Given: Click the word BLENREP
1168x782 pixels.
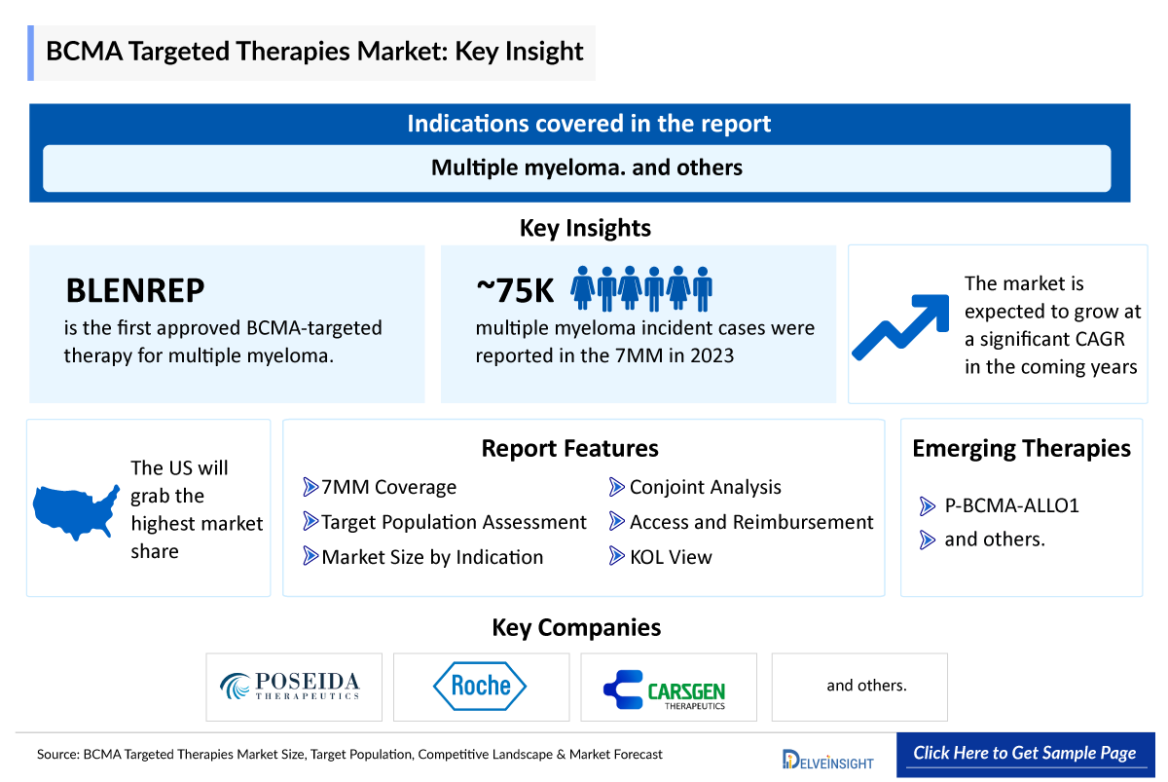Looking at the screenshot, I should [x=135, y=290].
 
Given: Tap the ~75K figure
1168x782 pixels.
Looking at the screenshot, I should [x=515, y=289].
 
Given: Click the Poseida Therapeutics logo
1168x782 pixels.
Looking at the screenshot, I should [x=294, y=687].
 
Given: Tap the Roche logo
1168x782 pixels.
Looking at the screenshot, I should [x=481, y=687].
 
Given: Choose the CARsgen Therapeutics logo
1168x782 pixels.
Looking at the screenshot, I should [x=667, y=689].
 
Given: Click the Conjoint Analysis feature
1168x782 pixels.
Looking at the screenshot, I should [x=705, y=487].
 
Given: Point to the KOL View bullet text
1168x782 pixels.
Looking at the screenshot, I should [x=670, y=557].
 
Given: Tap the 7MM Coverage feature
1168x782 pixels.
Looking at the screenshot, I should [x=388, y=487].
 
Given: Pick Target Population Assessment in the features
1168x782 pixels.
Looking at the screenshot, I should [x=454, y=522].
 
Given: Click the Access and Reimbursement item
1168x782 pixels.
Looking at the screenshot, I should [x=750, y=522].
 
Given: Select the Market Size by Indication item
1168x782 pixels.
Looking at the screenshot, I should [x=432, y=557].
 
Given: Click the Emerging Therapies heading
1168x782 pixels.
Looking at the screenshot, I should [x=1021, y=448].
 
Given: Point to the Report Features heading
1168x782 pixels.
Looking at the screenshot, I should [x=569, y=448].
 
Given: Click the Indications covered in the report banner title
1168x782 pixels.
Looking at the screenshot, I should [x=588, y=124].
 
